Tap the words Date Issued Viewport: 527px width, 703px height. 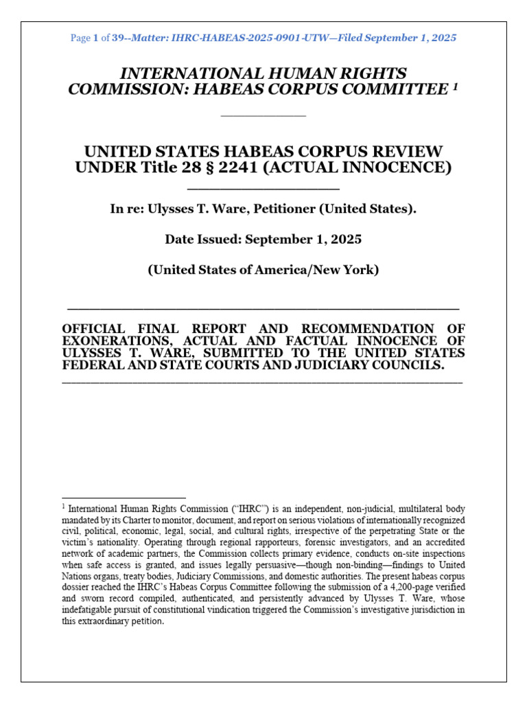tap(200, 240)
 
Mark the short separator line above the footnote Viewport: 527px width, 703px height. tap(124, 497)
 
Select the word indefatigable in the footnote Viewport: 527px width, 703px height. tap(93, 609)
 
